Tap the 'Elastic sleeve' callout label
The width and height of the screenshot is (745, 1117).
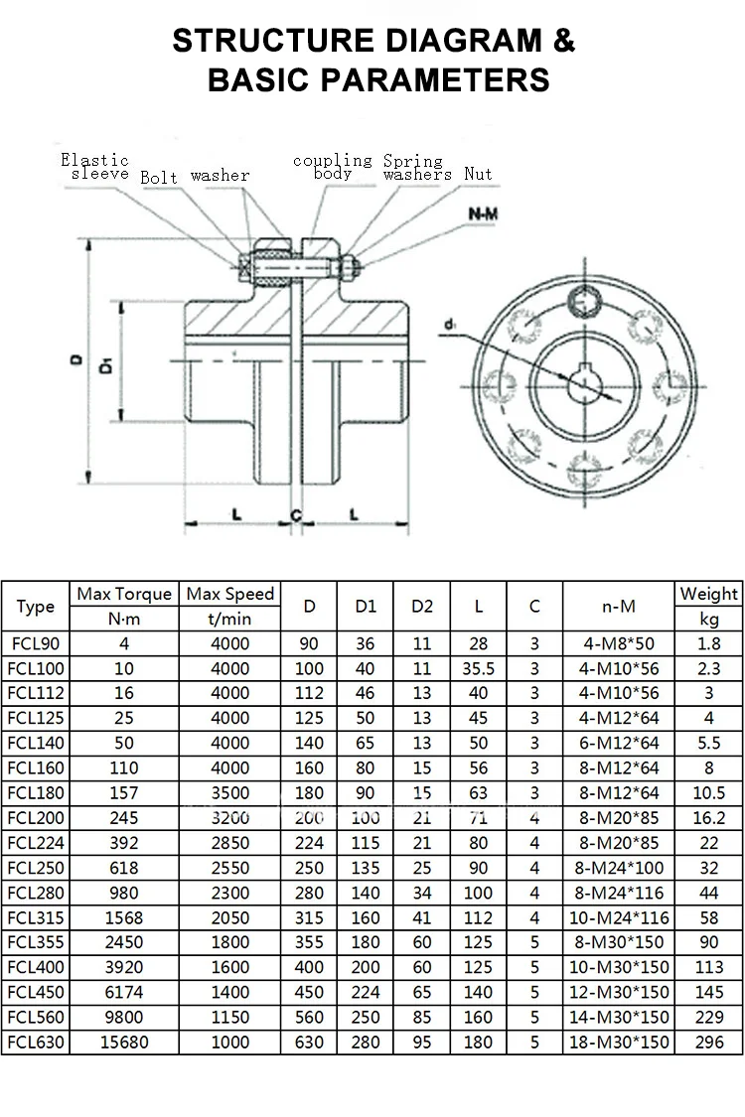click(x=95, y=167)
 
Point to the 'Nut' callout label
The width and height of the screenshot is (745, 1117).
click(x=478, y=174)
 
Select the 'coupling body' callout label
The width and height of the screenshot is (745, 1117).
click(x=332, y=167)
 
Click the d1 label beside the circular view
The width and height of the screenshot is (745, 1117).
click(x=451, y=325)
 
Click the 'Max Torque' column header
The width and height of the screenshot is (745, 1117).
click(x=124, y=594)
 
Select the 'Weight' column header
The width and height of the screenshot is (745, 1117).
click(x=708, y=594)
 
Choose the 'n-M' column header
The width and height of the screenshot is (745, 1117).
click(x=619, y=606)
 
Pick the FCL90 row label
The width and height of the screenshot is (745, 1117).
click(x=36, y=643)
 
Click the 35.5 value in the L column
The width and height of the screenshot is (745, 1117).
click(x=479, y=668)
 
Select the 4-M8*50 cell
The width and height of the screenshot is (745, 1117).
click(x=619, y=643)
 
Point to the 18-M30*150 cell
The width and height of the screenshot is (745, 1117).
click(x=619, y=1043)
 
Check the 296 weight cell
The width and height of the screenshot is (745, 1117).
click(x=708, y=1043)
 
